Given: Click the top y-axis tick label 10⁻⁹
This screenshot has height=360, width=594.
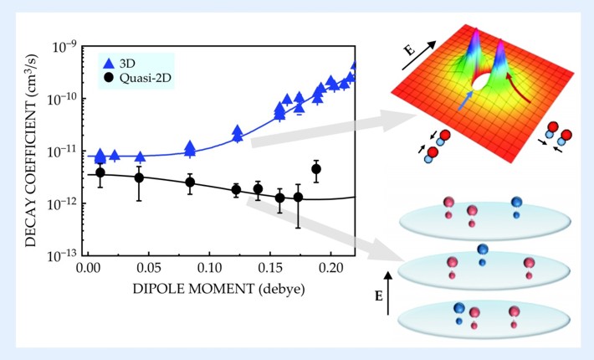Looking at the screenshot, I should click(64, 47).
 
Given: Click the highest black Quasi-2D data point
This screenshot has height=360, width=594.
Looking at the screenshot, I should click(316, 169).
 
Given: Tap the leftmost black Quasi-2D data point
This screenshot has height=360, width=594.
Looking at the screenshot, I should click(100, 172).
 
